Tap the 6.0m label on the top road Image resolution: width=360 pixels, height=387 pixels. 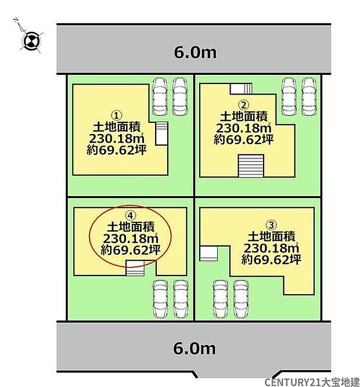(x=195, y=53)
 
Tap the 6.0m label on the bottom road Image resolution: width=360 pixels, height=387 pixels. (x=195, y=348)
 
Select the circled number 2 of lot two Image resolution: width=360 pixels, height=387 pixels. (x=244, y=105)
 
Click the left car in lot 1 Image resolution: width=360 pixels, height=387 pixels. (x=159, y=95)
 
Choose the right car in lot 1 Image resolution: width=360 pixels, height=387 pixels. (x=180, y=95)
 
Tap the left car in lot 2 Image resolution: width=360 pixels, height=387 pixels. (x=287, y=95)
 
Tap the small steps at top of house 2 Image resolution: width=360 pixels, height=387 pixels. (x=241, y=88)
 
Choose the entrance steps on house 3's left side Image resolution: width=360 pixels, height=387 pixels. (x=208, y=254)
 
